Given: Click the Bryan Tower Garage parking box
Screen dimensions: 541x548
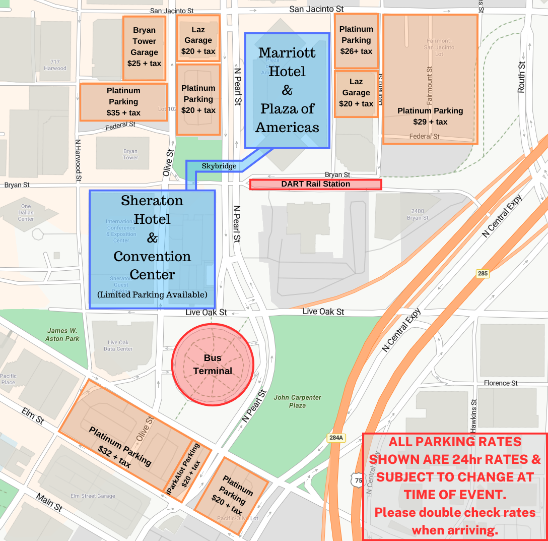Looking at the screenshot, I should coord(144,48).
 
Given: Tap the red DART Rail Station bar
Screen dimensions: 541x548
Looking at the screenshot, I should coord(316,185).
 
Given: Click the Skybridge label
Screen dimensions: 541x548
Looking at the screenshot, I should coord(219,166).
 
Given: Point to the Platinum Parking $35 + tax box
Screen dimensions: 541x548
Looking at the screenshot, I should coord(123,102).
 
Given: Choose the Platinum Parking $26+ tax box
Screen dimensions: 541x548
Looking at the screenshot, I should coord(356,41).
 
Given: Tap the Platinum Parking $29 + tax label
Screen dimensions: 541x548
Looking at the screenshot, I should coord(430,116).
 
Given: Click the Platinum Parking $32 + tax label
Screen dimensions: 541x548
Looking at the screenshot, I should coord(120,447).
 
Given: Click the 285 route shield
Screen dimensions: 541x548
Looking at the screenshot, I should coord(483,273).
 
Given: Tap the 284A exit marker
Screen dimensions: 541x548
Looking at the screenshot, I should coord(336,438).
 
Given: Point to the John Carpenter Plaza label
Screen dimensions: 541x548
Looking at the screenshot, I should coord(297,401).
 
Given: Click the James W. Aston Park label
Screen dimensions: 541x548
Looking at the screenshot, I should coord(62,335).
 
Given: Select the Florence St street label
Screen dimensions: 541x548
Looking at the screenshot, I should coord(500,383).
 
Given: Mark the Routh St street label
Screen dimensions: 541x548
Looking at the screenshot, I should coord(522,77).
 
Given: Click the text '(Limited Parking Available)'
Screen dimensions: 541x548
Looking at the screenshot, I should coord(152,294).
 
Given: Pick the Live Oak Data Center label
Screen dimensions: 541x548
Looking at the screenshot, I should coord(118,345).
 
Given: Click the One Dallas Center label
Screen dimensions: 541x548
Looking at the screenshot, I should coord(26,212).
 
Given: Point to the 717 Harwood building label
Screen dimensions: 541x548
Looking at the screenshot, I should coord(55,65).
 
